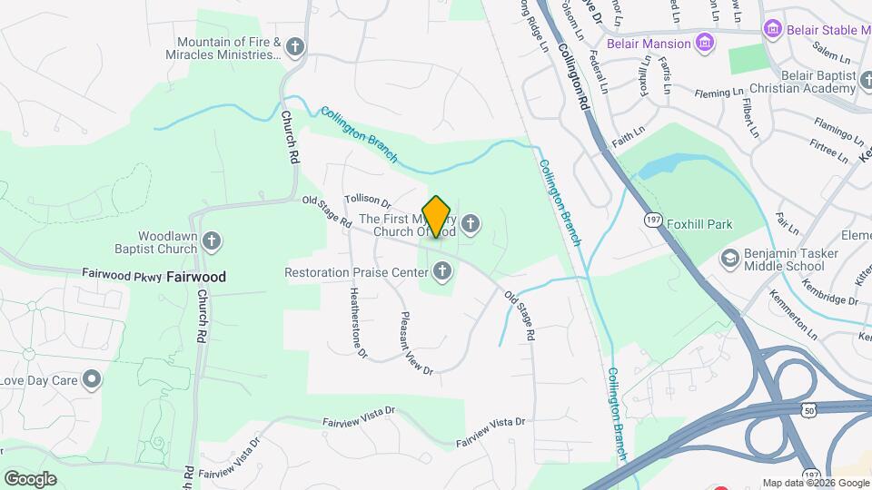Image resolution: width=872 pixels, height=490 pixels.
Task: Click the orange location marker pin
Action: click(437, 216)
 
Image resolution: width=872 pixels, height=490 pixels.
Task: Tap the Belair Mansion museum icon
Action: click(705, 43)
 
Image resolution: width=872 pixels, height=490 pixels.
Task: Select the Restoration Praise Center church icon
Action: click(442, 270)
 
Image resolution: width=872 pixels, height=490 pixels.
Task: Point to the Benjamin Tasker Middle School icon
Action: click(729, 259)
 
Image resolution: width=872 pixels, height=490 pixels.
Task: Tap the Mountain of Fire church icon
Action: click(294, 47)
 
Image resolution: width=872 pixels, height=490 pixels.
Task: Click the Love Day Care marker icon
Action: click(92, 379)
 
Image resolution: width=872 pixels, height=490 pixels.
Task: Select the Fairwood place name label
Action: click(196, 276)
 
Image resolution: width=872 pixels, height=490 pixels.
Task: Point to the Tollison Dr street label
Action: click(367, 201)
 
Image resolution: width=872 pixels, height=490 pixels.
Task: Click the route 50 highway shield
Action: click(808, 410)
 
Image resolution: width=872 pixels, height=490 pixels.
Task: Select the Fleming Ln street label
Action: click(718, 93)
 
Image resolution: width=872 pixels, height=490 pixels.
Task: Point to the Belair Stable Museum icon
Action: click(773, 28)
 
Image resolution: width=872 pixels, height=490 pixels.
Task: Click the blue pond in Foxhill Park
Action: click(668, 166)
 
